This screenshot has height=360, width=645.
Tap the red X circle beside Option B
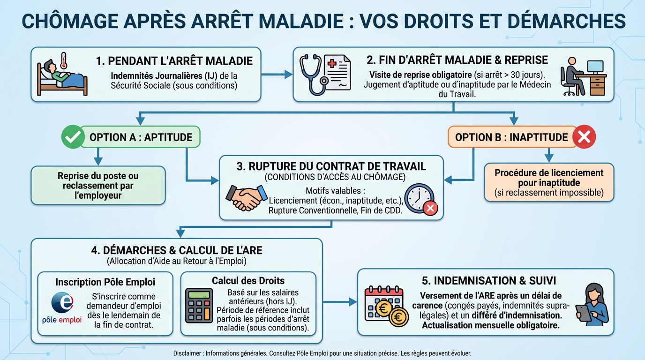584,137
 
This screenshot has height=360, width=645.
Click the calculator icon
199,305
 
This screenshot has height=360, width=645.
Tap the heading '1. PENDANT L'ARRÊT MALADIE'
174,61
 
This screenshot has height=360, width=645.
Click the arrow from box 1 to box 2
277,74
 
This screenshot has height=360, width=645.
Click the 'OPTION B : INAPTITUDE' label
511,137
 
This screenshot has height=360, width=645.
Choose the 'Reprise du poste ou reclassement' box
98,186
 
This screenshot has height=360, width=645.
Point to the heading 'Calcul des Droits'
248,281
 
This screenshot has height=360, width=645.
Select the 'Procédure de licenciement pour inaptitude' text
548,178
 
